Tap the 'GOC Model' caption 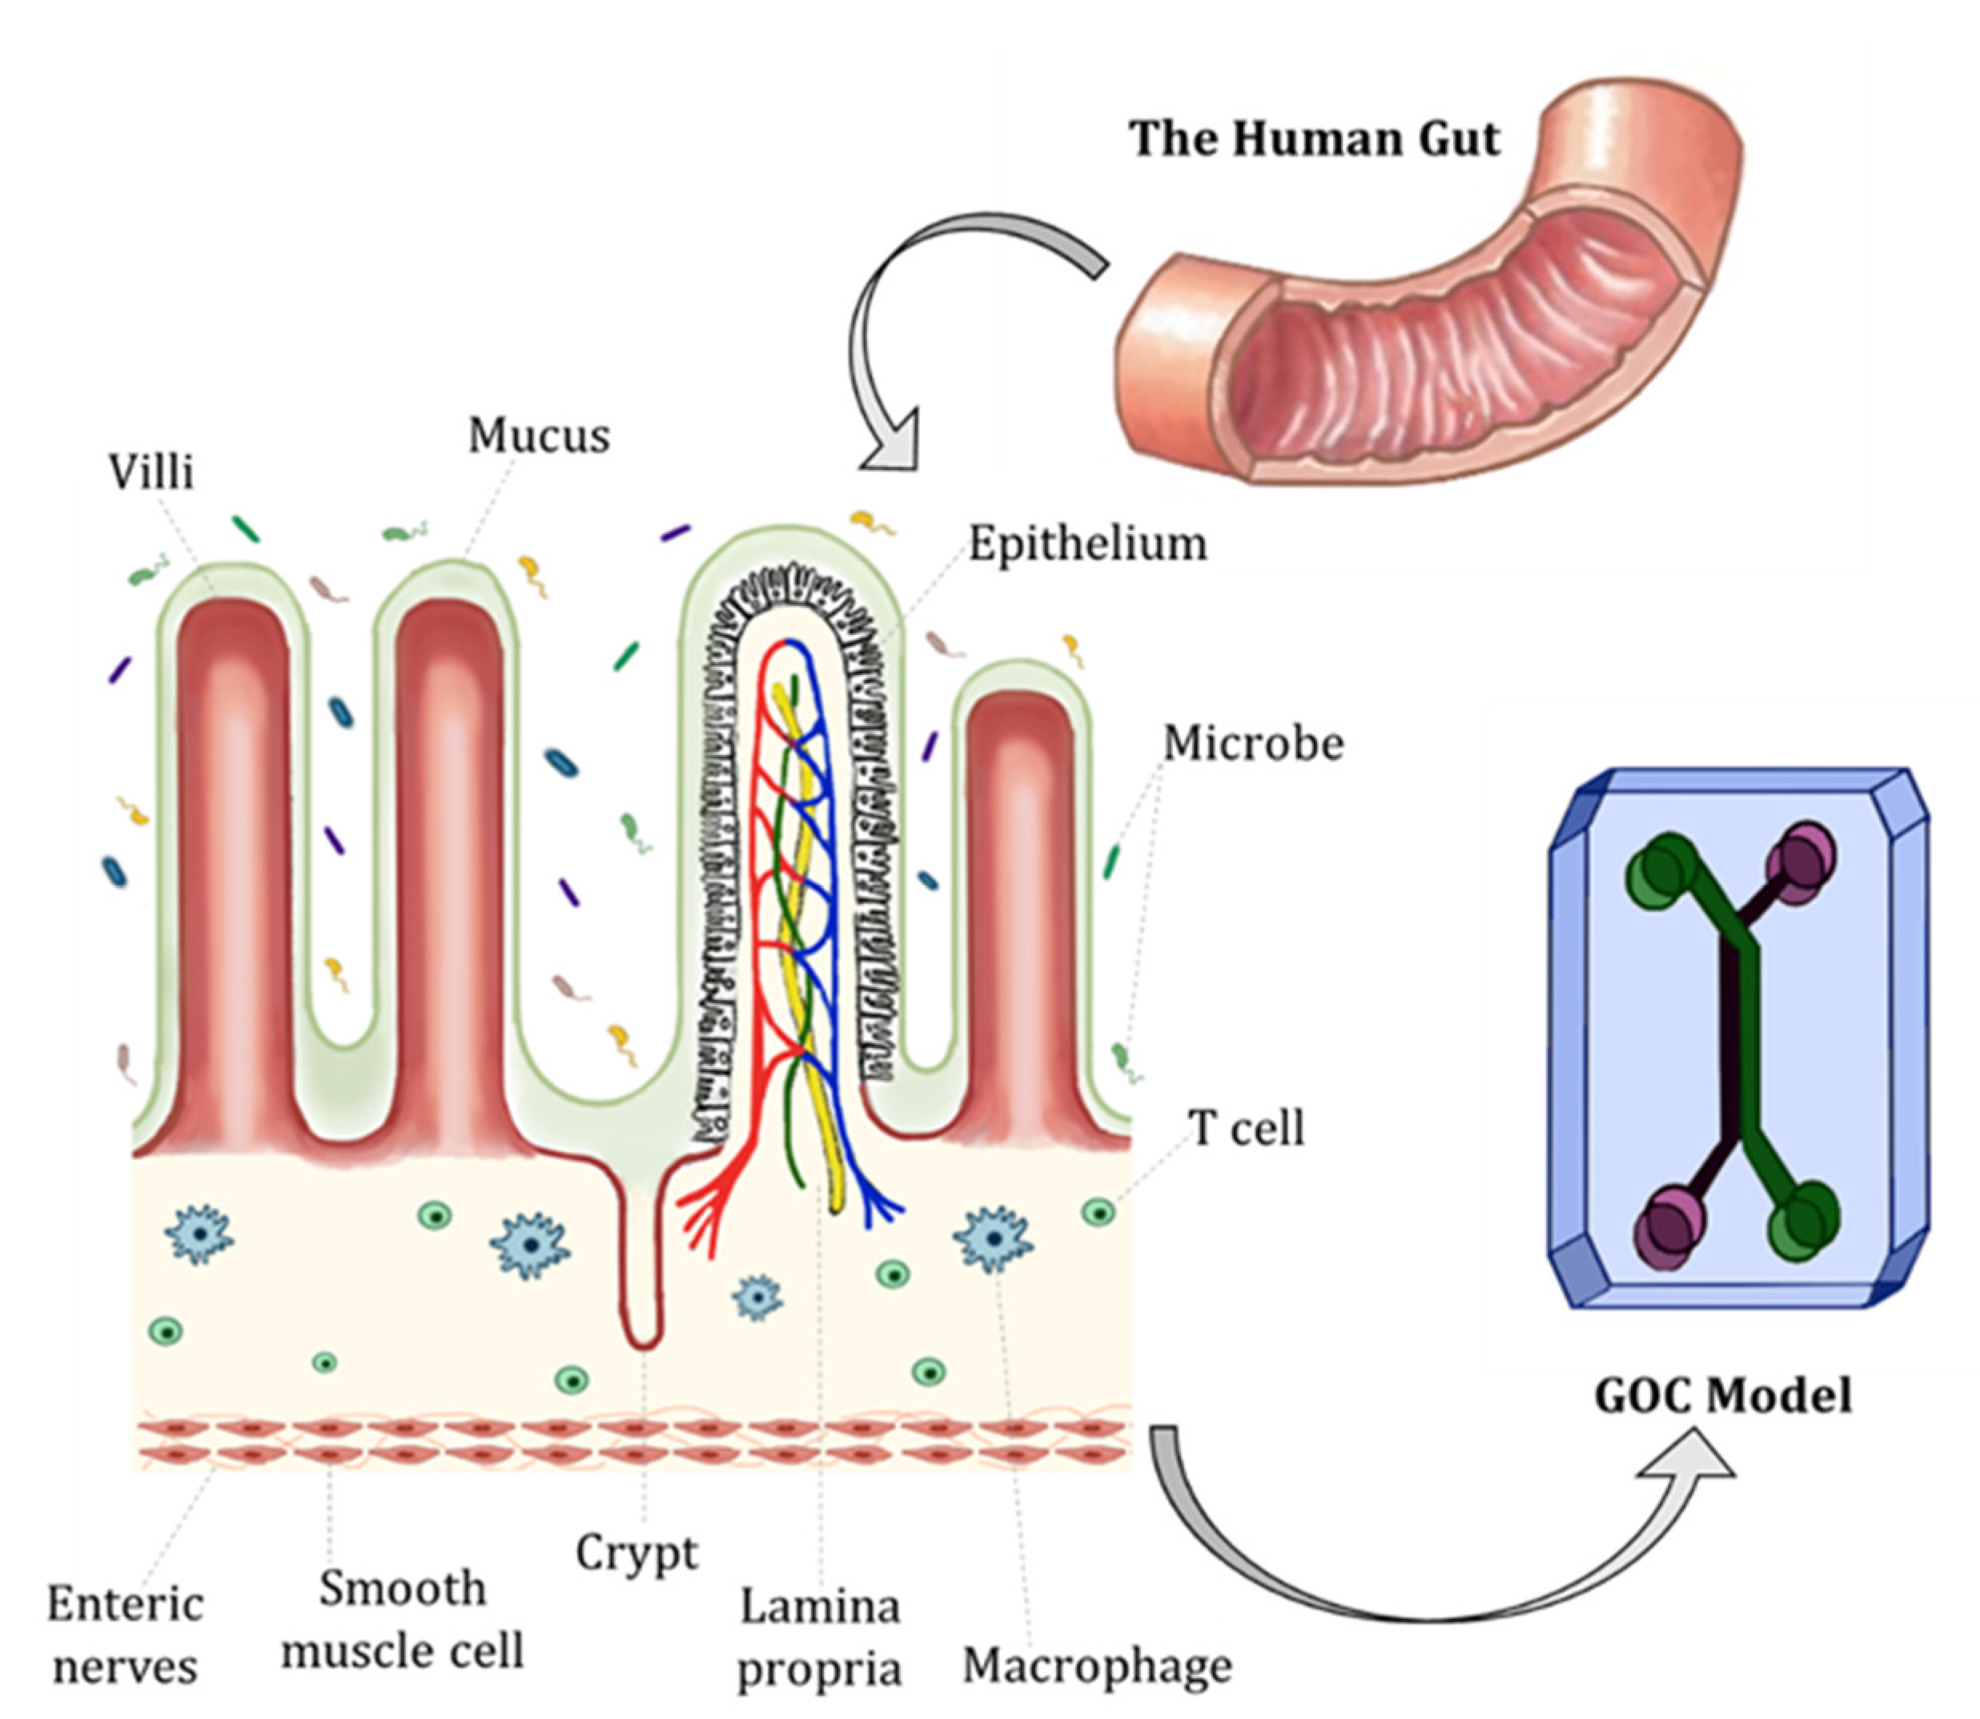[x=1722, y=1396]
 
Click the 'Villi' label [x=151, y=472]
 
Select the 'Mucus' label [x=539, y=436]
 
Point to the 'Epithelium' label [x=1087, y=544]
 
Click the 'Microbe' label [x=1253, y=744]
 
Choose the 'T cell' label [x=1246, y=1128]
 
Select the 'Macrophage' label [x=1096, y=1666]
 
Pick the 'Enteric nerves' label [x=126, y=1636]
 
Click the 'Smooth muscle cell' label [x=403, y=1621]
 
